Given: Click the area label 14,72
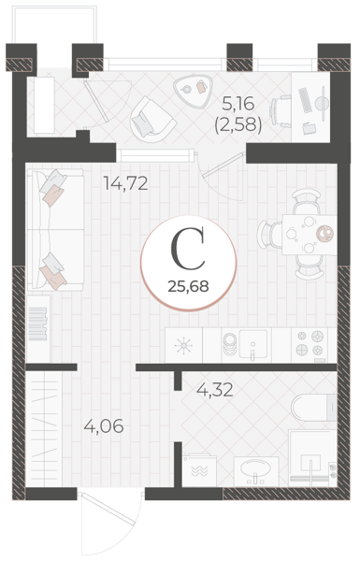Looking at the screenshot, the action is [x=125, y=183].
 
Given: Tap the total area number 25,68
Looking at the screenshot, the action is [x=189, y=286].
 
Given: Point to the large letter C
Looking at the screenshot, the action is [x=188, y=249].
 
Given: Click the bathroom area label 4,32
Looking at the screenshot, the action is [x=215, y=390].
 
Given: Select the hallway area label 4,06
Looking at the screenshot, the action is [x=104, y=426].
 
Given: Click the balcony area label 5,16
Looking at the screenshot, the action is [x=238, y=104].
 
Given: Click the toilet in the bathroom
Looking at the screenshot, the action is [x=314, y=408].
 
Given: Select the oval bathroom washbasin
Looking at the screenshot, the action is [x=256, y=467].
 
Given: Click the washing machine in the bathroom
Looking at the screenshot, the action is [x=199, y=469].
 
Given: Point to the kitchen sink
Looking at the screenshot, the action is [x=253, y=343].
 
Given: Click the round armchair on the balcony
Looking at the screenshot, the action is [x=152, y=120].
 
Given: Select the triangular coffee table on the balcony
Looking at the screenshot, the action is [x=194, y=90].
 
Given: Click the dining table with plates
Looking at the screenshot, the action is [x=309, y=235].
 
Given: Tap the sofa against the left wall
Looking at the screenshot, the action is [x=55, y=229].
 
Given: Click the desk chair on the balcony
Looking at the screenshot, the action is [x=281, y=111].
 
